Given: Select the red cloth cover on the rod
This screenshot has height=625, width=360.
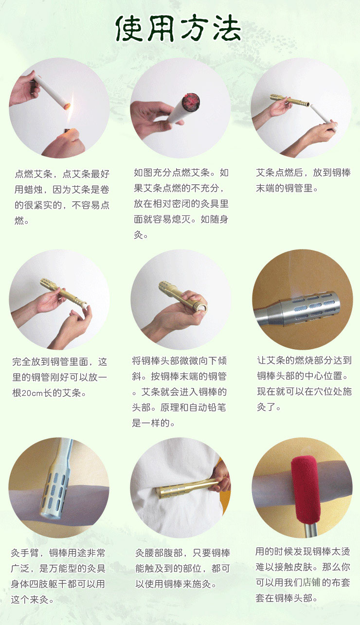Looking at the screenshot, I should (305, 482).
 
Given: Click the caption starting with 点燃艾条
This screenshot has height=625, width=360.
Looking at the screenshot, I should (62, 197).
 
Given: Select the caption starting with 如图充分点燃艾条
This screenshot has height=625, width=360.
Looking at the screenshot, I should (181, 203).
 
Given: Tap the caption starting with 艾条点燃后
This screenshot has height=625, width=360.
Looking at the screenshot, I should (303, 180).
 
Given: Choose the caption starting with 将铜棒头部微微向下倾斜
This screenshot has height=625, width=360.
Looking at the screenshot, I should (180, 392).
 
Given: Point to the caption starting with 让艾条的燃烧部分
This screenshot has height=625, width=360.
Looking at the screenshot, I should (304, 384).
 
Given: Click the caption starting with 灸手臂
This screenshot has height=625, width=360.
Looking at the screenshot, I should (58, 576).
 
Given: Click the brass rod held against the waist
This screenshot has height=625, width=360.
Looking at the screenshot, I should (185, 487).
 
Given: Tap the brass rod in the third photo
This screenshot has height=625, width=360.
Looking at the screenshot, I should (289, 100).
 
